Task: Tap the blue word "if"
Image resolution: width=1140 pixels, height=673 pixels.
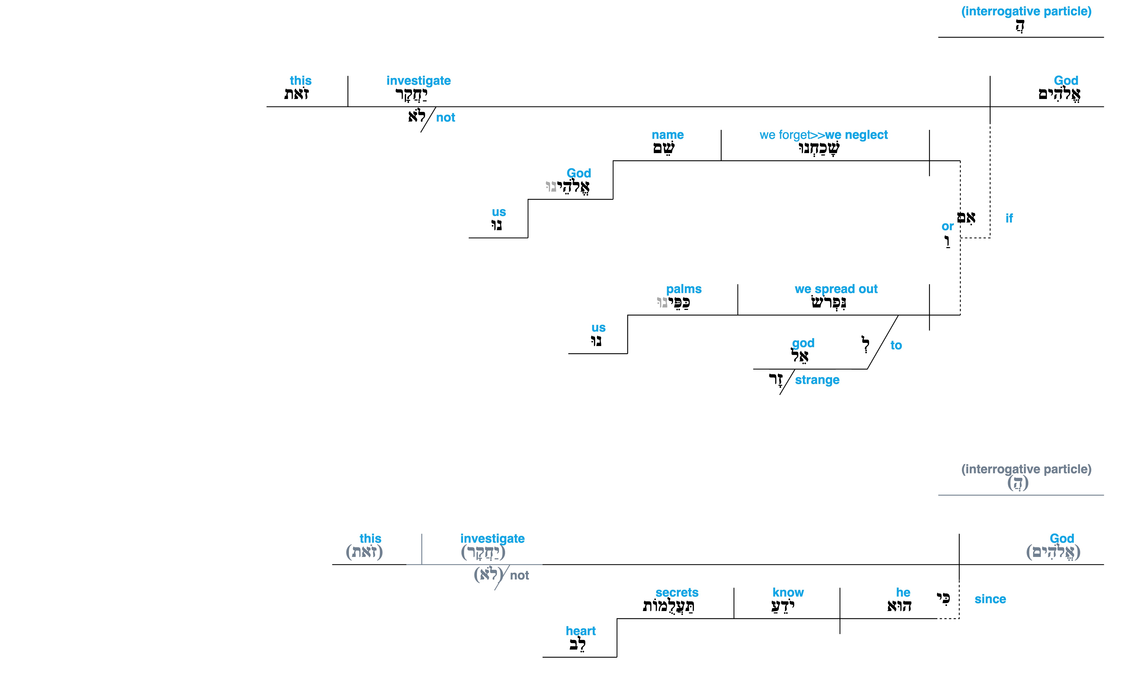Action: (x=1009, y=218)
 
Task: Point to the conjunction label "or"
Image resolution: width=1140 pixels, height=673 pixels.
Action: (x=947, y=226)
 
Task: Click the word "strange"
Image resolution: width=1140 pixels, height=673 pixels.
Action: (x=817, y=380)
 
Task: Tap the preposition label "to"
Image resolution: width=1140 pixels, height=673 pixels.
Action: (x=896, y=346)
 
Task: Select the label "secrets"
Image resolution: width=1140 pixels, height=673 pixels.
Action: (x=677, y=593)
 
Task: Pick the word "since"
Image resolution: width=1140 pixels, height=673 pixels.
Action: (x=990, y=599)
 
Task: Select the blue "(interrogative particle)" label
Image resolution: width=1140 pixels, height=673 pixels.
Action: (x=1026, y=11)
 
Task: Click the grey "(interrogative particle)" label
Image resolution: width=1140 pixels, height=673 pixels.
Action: (x=1026, y=469)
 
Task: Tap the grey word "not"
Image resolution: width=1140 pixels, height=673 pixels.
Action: (x=520, y=576)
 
